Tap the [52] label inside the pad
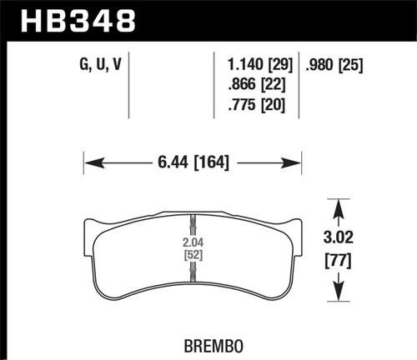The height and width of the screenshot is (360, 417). coord(193,256)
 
